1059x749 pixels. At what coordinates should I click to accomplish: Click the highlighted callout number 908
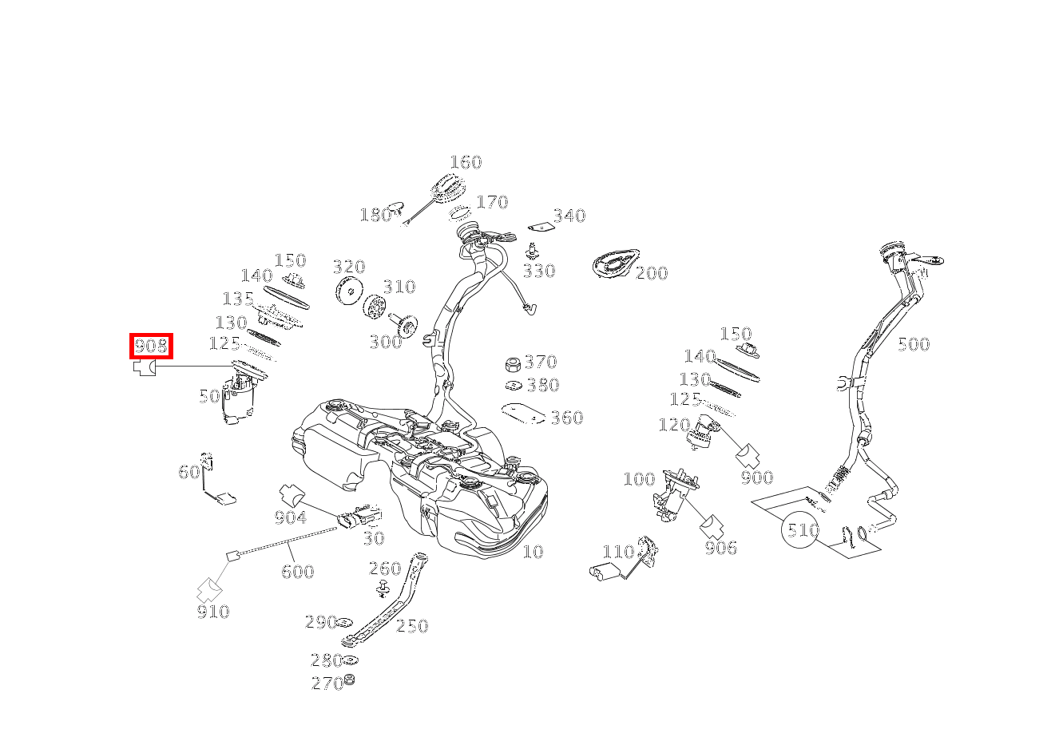pyautogui.click(x=151, y=346)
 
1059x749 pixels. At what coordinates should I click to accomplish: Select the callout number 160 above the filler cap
pyautogui.click(x=466, y=163)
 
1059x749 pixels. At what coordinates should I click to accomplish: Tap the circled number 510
pyautogui.click(x=800, y=529)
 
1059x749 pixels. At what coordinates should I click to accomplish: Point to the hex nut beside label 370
pyautogui.click(x=513, y=365)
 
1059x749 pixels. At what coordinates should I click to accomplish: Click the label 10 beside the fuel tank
pyautogui.click(x=533, y=552)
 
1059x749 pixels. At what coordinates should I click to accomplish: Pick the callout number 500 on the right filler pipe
pyautogui.click(x=914, y=344)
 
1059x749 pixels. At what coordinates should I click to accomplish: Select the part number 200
pyautogui.click(x=652, y=273)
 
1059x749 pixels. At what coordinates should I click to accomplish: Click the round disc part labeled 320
pyautogui.click(x=350, y=290)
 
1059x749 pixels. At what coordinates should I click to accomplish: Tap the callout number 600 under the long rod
pyautogui.click(x=297, y=572)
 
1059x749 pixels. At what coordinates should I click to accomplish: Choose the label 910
pyautogui.click(x=213, y=612)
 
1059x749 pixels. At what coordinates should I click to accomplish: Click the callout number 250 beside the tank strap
pyautogui.click(x=412, y=626)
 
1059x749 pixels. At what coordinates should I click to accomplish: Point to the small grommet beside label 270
pyautogui.click(x=350, y=680)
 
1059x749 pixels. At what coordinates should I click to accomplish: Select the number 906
pyautogui.click(x=721, y=548)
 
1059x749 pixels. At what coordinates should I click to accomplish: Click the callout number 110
pyautogui.click(x=618, y=552)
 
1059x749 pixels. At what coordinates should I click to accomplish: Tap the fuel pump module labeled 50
pyautogui.click(x=239, y=397)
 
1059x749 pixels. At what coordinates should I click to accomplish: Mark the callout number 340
pyautogui.click(x=569, y=216)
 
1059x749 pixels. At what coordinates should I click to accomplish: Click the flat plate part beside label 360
pyautogui.click(x=523, y=414)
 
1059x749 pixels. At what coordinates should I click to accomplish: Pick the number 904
pyautogui.click(x=290, y=518)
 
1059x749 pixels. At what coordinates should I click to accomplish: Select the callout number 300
pyautogui.click(x=386, y=342)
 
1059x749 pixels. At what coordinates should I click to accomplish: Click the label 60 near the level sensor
pyautogui.click(x=189, y=472)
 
